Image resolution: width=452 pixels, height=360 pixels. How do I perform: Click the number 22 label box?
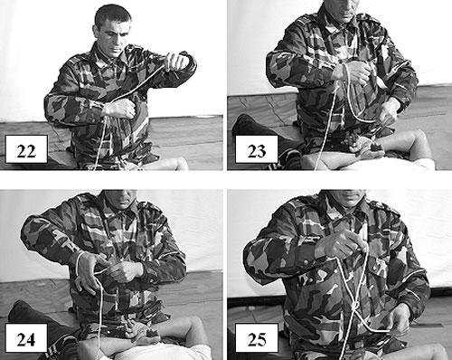[x=26, y=149]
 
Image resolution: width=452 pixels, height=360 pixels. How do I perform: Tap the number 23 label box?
[x=257, y=149]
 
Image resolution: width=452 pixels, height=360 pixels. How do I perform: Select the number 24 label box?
[x=26, y=337]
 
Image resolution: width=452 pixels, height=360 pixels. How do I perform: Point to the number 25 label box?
[x=257, y=337]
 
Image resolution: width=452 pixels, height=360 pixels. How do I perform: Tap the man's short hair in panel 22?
[x=112, y=15]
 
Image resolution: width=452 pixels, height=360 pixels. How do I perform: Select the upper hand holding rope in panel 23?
[x=354, y=73]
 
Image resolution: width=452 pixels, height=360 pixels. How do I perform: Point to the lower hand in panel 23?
[x=388, y=113]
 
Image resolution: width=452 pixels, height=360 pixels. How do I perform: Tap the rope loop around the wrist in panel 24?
[x=79, y=263]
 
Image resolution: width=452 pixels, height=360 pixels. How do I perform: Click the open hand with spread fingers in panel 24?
[x=88, y=274]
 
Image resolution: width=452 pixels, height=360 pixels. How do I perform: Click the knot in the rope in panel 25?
[x=355, y=307]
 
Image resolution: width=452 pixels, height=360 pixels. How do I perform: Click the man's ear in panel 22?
[x=97, y=32]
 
